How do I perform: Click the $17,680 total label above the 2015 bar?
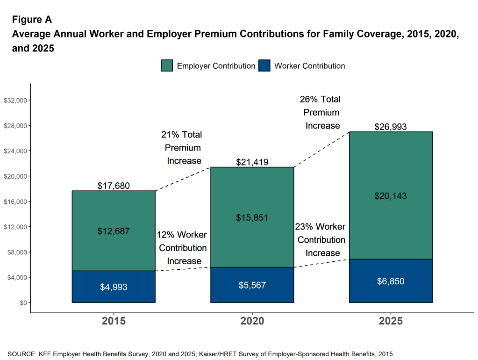[114, 186]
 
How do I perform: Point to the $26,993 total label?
[391, 127]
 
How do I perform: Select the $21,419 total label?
[252, 162]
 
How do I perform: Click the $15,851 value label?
[252, 217]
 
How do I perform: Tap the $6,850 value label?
[391, 281]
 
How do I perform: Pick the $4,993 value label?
[114, 287]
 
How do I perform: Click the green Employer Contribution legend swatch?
[167, 66]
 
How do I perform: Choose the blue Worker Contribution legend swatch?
[264, 66]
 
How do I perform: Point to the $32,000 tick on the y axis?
[16, 101]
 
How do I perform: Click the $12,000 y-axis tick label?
[16, 227]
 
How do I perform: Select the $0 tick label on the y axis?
[22, 302]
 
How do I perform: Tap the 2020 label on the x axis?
[252, 321]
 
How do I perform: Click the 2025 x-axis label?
[391, 321]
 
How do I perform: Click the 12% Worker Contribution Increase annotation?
[183, 248]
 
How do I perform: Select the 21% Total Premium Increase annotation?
[182, 148]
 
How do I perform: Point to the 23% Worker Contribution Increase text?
[321, 240]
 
